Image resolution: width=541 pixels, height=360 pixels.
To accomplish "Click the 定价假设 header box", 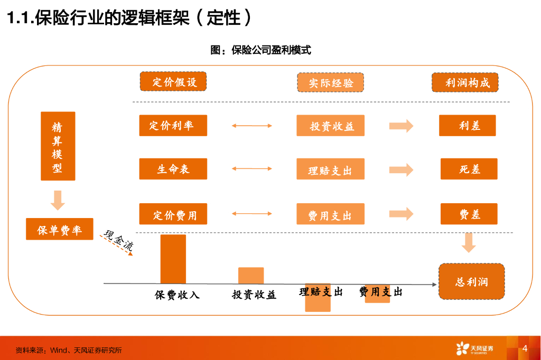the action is click(x=173, y=81).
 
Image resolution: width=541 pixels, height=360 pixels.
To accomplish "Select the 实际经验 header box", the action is click(x=331, y=82).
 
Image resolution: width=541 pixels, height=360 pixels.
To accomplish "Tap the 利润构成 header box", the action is click(x=465, y=82).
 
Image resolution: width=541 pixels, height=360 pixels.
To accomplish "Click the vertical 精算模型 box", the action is click(x=58, y=146).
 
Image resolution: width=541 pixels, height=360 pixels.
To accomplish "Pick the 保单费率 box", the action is click(x=60, y=229).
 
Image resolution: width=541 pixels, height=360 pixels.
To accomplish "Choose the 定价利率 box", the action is click(x=173, y=126).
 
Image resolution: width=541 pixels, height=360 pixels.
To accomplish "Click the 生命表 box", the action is click(x=173, y=169).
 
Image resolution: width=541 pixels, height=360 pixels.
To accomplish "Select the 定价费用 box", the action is click(x=173, y=214).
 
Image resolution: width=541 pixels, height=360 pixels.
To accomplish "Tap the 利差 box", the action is click(x=468, y=126).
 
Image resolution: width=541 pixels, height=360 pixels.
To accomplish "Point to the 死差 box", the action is click(x=469, y=169).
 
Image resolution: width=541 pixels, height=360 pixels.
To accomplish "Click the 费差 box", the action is click(x=469, y=214).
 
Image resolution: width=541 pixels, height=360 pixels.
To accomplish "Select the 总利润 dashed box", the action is click(x=472, y=281).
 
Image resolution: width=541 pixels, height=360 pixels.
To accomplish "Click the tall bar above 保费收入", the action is click(x=173, y=259).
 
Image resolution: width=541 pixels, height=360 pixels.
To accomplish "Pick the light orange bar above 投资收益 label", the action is click(x=251, y=276).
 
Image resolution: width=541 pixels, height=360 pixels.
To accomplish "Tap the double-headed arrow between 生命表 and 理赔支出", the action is click(x=252, y=168).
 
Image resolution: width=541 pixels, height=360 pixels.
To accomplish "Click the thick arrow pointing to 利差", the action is click(x=402, y=126).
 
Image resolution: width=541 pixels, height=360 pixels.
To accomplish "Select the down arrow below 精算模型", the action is click(x=58, y=201).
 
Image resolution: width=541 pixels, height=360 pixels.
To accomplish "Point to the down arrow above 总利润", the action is click(x=469, y=243).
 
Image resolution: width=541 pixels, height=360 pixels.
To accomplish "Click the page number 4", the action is click(x=525, y=348).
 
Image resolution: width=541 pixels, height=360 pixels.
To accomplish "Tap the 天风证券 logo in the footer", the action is click(x=475, y=348).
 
